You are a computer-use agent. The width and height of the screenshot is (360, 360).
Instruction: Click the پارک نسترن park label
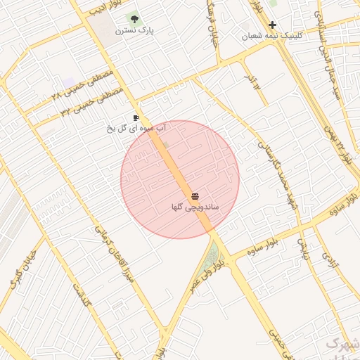pyautogui.click(x=136, y=31)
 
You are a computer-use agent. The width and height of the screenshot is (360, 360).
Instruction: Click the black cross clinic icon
pyautogui.click(x=272, y=25)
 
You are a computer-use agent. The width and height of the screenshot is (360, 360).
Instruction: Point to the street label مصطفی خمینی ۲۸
pyautogui.click(x=85, y=83)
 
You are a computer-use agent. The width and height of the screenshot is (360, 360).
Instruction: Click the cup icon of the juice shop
pyautogui.click(x=136, y=117)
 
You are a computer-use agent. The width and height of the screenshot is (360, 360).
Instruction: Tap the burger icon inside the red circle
pyautogui.click(x=195, y=195)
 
